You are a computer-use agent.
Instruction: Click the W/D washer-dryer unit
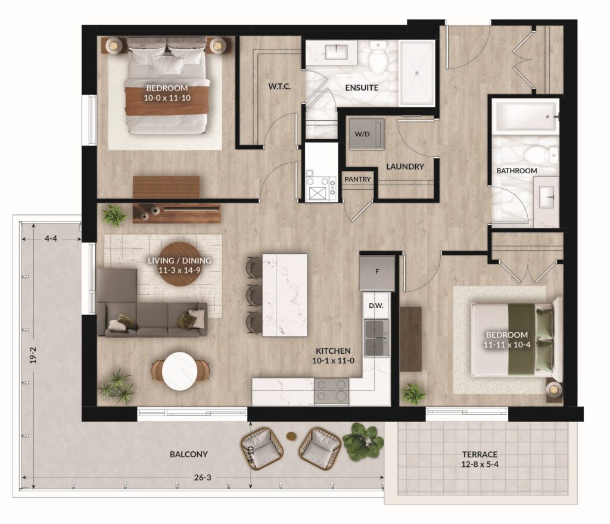(366, 134)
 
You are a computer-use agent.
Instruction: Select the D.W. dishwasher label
(376, 305)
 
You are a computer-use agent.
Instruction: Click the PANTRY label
(357, 179)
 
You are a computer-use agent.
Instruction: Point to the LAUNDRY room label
(405, 166)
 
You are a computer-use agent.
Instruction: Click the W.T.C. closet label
(279, 86)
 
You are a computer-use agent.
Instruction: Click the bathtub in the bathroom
(525, 116)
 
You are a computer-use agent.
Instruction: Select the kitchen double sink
(376, 338)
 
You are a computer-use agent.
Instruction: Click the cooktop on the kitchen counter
(331, 391)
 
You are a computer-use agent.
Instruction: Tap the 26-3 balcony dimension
(203, 477)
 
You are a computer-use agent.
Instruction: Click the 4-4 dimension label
(51, 238)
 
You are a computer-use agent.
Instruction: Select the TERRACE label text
(480, 454)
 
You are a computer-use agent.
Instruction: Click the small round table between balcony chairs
(291, 436)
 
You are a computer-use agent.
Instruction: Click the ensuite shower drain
(416, 72)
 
